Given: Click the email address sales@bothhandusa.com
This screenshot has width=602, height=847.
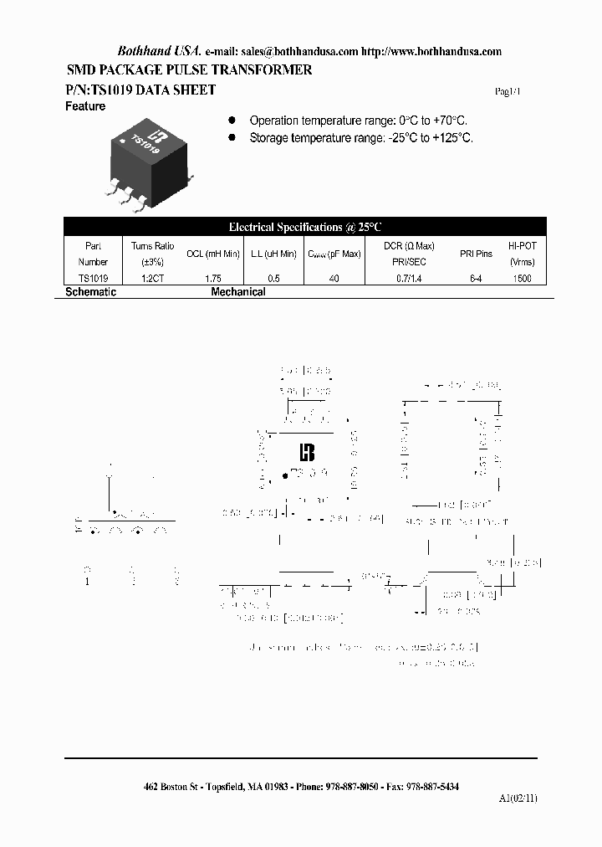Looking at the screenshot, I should coord(299,51).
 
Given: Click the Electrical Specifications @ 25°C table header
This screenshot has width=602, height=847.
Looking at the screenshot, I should coord(305,227).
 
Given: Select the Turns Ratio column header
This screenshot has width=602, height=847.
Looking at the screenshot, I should coord(152,253).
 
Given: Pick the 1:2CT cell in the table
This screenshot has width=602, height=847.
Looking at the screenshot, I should coord(152,278).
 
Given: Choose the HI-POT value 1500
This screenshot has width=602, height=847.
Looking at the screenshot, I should coord(523,278).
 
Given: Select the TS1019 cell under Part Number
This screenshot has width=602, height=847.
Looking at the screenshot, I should coord(93,278).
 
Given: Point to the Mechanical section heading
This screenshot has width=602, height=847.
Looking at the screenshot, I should coord(238,292).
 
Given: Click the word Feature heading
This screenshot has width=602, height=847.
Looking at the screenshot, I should coord(85,107).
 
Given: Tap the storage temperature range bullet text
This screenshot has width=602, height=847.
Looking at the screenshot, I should coord(360,138).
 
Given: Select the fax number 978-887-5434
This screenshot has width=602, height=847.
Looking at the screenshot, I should coord(431,787).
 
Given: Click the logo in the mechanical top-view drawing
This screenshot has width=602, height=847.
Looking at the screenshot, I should coord(307,453).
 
